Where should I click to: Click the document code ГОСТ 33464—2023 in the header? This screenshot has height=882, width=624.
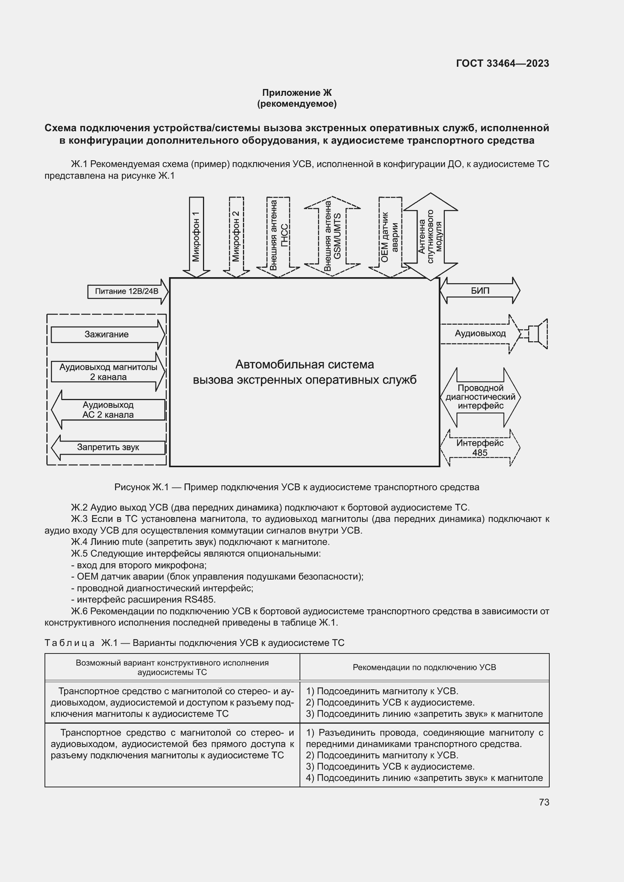(x=502, y=63)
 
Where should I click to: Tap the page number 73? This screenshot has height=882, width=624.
(x=544, y=802)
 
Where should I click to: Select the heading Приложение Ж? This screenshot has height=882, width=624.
(x=297, y=93)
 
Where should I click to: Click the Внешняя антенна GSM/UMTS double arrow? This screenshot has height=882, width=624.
(x=332, y=236)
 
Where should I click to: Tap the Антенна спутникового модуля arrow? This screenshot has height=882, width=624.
(x=430, y=236)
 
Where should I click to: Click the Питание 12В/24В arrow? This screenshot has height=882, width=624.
(x=127, y=291)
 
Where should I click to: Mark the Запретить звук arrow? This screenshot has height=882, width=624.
(x=108, y=448)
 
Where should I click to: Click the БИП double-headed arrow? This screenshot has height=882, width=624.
(x=480, y=291)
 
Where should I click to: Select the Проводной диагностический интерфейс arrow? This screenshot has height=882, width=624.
(x=480, y=397)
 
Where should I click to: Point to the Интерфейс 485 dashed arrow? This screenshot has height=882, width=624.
(x=480, y=448)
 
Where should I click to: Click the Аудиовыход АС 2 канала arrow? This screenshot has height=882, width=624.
(x=108, y=410)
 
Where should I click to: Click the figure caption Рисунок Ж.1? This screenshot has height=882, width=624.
(x=297, y=488)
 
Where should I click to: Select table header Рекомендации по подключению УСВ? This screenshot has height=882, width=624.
(x=424, y=668)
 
